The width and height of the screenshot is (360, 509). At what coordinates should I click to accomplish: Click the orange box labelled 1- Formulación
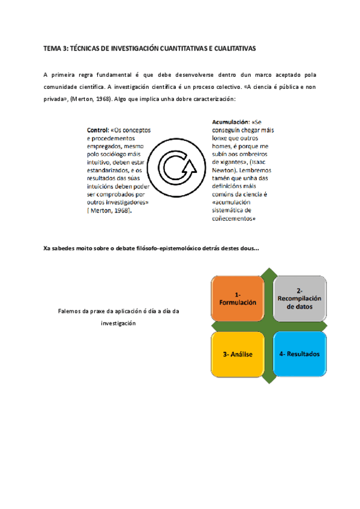click(238, 298)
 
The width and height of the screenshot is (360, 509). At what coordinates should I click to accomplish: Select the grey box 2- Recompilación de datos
click(300, 298)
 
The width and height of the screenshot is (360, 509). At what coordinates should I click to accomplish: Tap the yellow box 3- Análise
click(238, 354)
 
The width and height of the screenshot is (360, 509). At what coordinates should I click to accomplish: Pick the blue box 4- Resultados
click(300, 354)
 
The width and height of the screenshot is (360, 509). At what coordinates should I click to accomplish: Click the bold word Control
click(98, 130)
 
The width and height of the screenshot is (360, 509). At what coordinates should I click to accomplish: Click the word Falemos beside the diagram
click(70, 312)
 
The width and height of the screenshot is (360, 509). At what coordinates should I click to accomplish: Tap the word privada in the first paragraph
click(55, 98)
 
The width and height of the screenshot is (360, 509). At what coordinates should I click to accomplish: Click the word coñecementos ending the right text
click(234, 218)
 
